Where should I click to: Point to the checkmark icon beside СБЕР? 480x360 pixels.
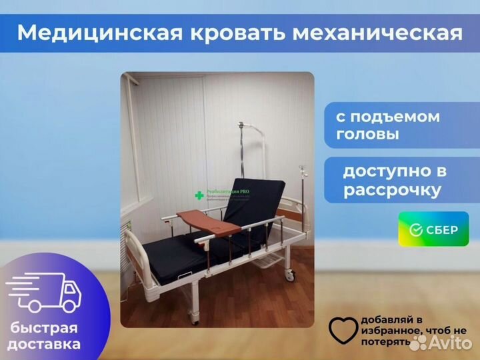[x=416, y=230]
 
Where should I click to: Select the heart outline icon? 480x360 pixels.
[x=343, y=331]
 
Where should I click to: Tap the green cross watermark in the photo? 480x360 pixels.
[x=199, y=195]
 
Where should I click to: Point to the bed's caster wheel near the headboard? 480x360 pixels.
[x=289, y=274]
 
